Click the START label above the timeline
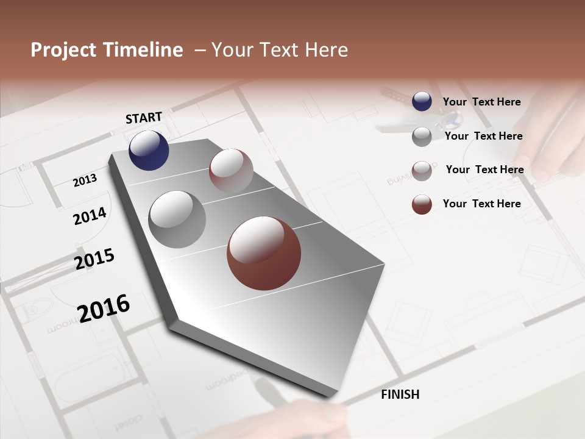(144, 118)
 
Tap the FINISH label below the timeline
(400, 394)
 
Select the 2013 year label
(85, 180)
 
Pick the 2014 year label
(90, 216)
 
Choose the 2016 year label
(104, 308)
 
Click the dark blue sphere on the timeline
(149, 151)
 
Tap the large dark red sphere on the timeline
(264, 253)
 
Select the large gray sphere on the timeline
(177, 220)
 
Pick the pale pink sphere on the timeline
(231, 171)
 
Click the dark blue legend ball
(422, 101)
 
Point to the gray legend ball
(422, 137)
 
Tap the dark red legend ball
(422, 204)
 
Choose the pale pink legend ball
(422, 171)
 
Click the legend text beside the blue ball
(481, 102)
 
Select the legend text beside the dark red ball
(481, 204)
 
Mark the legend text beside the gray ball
(483, 136)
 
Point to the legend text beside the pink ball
(484, 170)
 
